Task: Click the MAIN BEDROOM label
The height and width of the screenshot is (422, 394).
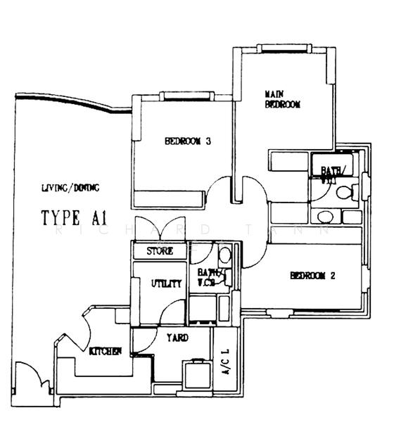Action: click(283, 99)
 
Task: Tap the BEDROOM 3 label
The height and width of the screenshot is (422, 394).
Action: click(189, 141)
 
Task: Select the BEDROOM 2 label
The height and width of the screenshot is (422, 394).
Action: click(312, 276)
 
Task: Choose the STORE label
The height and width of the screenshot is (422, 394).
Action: click(160, 251)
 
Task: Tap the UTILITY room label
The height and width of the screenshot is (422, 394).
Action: click(167, 283)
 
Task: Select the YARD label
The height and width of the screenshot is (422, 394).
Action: click(177, 338)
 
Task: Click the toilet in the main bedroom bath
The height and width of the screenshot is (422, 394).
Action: click(344, 192)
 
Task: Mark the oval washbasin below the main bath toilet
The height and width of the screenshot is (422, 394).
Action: click(325, 216)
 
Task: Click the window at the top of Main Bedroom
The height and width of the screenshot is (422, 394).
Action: click(281, 48)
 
